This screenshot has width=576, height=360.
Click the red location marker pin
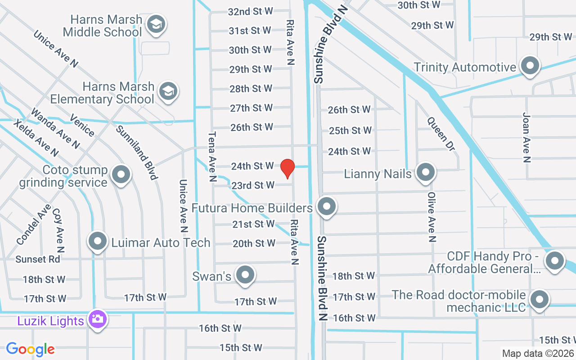(x=287, y=169)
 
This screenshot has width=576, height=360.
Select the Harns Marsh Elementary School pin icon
(x=168, y=91)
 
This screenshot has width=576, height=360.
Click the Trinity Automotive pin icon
(x=530, y=66)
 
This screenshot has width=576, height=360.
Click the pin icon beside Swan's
(x=245, y=275)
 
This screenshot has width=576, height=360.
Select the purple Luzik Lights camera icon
(x=97, y=319)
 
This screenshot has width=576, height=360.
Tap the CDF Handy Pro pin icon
(x=554, y=261)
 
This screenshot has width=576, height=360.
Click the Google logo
(x=30, y=349)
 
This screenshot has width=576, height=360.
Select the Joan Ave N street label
(x=526, y=137)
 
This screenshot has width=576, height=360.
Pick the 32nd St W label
(x=251, y=11)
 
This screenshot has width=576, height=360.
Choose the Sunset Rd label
(x=37, y=259)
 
